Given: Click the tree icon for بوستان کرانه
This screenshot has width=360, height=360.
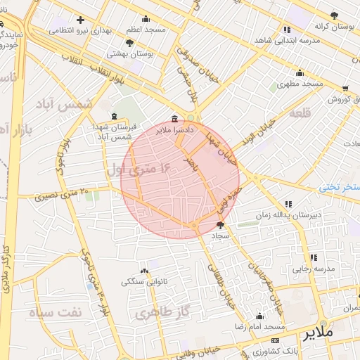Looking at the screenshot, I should pos(335,15).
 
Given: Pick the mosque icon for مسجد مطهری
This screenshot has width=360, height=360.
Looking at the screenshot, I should pos(300,72).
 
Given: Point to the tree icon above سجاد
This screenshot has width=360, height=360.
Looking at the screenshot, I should pos(221,226).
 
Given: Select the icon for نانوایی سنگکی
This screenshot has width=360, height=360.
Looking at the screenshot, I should pos(145,271).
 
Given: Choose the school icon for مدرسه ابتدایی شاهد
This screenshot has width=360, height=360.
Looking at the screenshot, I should pos(287,30).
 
